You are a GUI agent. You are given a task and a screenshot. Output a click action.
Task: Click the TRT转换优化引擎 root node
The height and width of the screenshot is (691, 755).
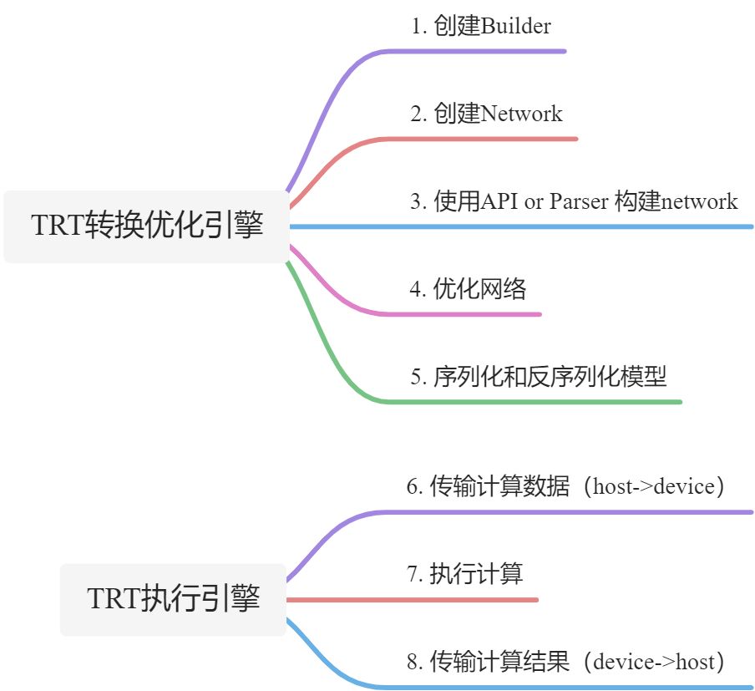pyautogui.click(x=147, y=226)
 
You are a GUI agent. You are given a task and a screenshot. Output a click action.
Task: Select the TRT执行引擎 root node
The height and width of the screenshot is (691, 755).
pyautogui.click(x=174, y=599)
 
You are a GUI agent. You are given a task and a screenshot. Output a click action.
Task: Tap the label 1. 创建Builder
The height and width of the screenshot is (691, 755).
pyautogui.click(x=481, y=26)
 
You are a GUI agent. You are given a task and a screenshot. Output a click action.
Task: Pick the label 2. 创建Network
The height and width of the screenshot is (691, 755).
pyautogui.click(x=486, y=114)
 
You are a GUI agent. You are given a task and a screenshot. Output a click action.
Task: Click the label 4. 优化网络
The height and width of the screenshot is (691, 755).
pyautogui.click(x=468, y=289)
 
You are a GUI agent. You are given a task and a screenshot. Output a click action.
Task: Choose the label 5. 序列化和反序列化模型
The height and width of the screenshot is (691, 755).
pyautogui.click(x=539, y=377)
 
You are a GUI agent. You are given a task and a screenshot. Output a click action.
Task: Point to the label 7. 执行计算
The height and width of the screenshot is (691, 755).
pyautogui.click(x=464, y=574)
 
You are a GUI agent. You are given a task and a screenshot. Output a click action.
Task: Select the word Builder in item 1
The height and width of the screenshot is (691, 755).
pyautogui.click(x=516, y=26)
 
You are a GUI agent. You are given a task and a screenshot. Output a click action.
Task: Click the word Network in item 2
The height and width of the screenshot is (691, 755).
pyautogui.click(x=522, y=114)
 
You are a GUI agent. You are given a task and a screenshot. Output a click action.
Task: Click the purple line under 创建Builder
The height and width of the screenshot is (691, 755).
pyautogui.click(x=476, y=51)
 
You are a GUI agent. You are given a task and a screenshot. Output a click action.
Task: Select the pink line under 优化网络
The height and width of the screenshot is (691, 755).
pyautogui.click(x=468, y=314)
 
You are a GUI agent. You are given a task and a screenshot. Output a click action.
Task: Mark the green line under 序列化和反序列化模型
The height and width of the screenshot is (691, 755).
pyautogui.click(x=535, y=402)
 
